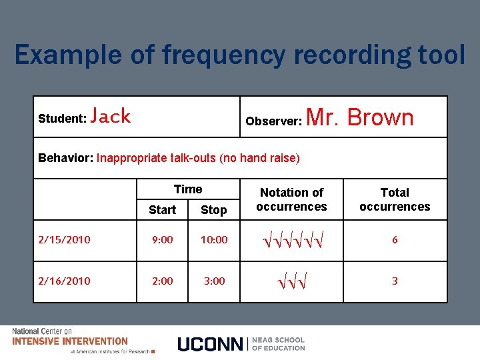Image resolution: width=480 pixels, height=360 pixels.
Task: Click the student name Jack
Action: (x=111, y=117)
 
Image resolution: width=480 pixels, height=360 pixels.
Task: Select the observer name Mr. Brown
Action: (x=360, y=117)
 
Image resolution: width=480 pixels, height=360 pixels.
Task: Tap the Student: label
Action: (x=62, y=119)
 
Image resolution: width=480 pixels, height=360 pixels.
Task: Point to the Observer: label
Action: (x=274, y=121)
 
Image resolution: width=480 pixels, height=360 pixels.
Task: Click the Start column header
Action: (x=162, y=210)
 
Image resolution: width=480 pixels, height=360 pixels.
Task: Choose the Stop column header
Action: (x=213, y=210)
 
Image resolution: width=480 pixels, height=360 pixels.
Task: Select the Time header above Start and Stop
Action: (x=188, y=189)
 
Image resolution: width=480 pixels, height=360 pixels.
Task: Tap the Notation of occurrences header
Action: (x=291, y=199)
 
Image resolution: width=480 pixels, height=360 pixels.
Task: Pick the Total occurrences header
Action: (x=395, y=199)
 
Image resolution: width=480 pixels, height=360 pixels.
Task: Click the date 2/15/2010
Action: (x=65, y=240)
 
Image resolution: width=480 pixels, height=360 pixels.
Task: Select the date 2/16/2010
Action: (x=65, y=281)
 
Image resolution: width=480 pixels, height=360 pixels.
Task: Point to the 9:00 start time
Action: (x=162, y=240)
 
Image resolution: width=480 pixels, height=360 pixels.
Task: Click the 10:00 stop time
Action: (x=213, y=240)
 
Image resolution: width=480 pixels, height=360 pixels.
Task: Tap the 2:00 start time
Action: (x=162, y=281)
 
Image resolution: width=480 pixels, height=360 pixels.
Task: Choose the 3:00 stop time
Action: (x=214, y=281)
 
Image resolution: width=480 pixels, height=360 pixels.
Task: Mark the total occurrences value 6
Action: (x=395, y=240)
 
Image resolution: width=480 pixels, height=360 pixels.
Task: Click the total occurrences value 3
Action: (x=395, y=281)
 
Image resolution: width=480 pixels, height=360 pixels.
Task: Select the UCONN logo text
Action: (x=210, y=344)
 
